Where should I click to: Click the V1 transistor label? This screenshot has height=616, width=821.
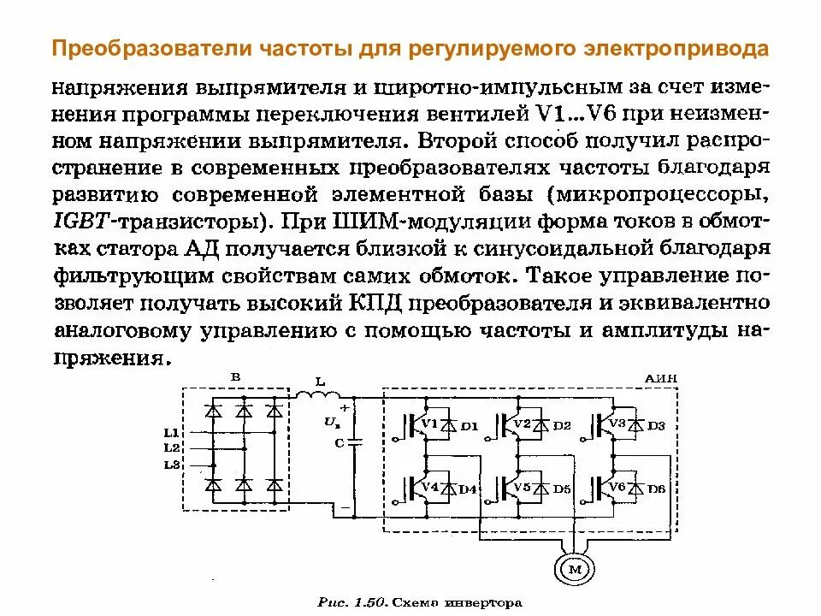429,424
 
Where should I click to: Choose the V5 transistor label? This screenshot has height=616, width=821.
522,488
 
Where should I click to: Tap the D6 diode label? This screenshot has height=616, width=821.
656,489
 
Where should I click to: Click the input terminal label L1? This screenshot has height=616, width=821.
171,432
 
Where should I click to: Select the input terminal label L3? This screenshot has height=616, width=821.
171,465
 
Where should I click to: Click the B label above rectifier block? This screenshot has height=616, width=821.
236,377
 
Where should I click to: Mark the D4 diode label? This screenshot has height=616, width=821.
468,489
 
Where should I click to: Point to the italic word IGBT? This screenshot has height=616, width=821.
80,221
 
